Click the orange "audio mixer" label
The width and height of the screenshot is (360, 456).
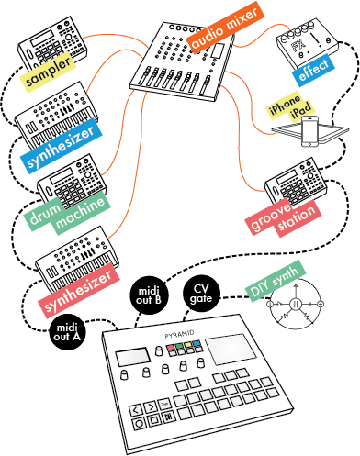(225, 26)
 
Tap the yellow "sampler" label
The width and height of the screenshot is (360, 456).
(48, 72)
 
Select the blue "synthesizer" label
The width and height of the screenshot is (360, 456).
(62, 146)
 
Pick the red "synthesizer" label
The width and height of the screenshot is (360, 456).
(79, 290)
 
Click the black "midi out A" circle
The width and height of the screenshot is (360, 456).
(67, 332)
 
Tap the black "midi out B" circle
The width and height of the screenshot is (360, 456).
(149, 295)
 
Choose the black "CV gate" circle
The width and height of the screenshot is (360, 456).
(201, 294)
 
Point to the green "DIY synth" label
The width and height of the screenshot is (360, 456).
(276, 281)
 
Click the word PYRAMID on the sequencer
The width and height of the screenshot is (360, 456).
(179, 334)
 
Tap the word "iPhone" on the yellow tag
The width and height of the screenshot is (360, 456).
(285, 105)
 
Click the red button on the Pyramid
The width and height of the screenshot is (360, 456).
(170, 348)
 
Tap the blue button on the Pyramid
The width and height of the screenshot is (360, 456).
(197, 343)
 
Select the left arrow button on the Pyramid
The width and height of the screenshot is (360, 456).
(136, 410)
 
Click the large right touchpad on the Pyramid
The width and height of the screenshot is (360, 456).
(231, 349)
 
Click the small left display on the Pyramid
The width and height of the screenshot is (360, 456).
(132, 357)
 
